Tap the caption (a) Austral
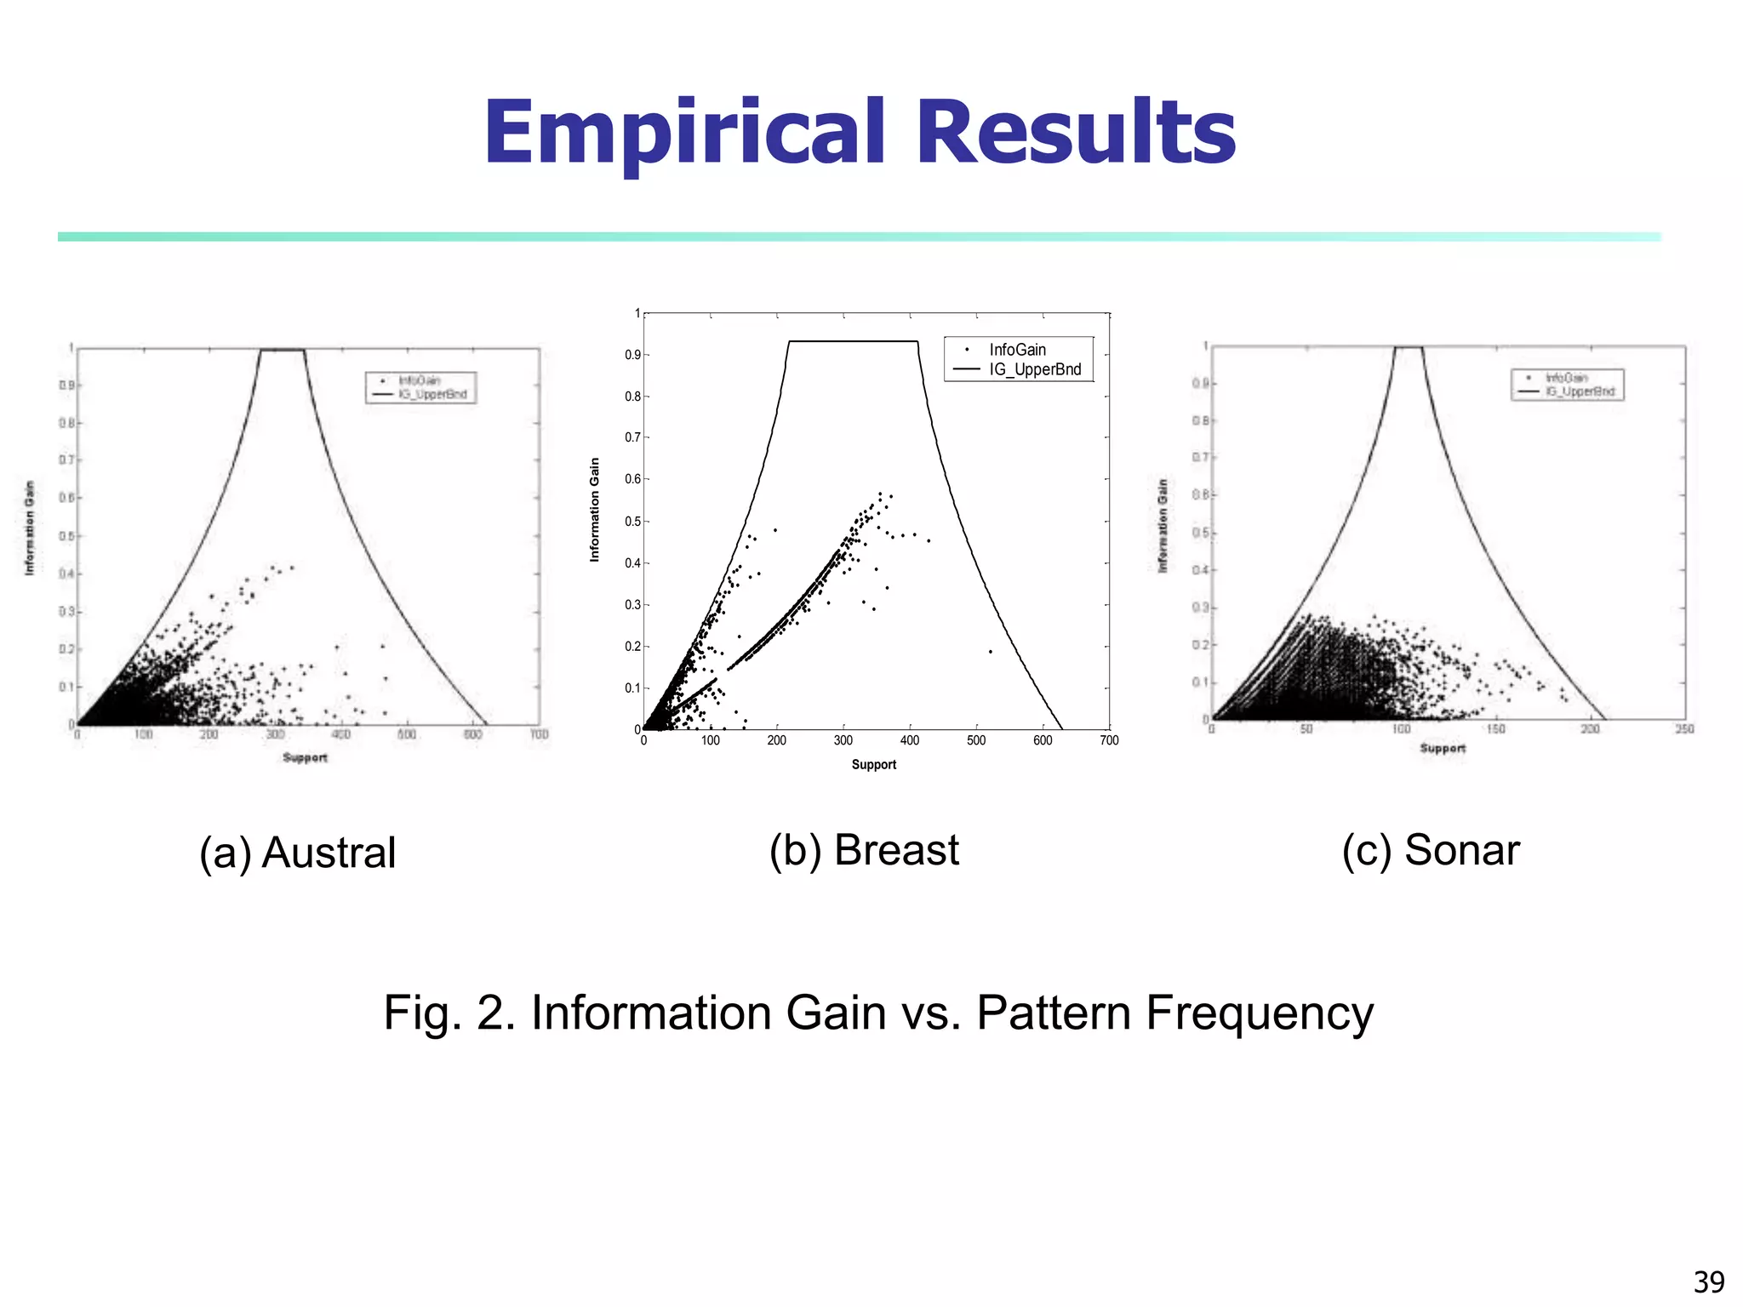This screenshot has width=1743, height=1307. pos(297,852)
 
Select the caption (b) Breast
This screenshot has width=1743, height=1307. pos(864,849)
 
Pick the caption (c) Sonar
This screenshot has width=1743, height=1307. pos(1431,849)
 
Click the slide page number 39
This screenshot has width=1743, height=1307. pos(1708,1281)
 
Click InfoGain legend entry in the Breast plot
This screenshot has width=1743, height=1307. pos(1017,350)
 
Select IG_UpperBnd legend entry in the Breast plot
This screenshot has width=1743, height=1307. pos(1034,369)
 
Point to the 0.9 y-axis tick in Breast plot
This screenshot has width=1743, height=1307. pos(632,355)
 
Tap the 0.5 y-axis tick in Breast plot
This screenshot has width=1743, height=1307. pos(632,522)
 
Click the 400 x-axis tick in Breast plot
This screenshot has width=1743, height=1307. pos(910,740)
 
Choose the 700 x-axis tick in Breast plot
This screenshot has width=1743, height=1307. pos(1109,740)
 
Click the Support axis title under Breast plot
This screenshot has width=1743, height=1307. pos(874,764)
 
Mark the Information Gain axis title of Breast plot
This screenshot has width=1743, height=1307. pos(595,509)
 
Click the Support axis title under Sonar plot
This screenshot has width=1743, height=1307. pos(1443,748)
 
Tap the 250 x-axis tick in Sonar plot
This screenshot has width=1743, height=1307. pos(1684,729)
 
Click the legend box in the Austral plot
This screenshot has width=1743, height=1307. pos(421,387)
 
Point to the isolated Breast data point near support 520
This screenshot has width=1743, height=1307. pos(991,652)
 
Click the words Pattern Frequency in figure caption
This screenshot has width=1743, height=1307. pos(1174,1013)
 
